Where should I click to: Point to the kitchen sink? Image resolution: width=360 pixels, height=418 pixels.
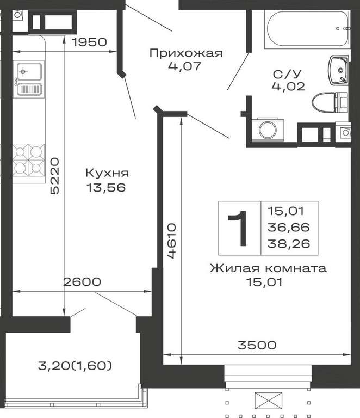point(29,79)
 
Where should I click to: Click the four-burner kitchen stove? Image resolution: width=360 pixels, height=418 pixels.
point(29,160)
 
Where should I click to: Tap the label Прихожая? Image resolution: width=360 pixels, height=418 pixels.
point(186,53)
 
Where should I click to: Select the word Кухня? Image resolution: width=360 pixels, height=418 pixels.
point(107,173)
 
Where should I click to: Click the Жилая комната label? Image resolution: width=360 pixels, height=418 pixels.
point(268,268)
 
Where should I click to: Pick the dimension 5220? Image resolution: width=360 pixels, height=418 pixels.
point(54,176)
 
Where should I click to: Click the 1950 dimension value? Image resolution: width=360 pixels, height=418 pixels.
point(90,42)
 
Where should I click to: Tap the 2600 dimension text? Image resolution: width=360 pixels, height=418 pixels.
point(82,282)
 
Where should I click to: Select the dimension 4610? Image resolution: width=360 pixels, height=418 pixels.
point(172,241)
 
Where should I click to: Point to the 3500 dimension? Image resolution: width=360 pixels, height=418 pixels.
point(257,345)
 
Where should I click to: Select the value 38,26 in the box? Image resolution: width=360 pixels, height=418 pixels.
point(289,244)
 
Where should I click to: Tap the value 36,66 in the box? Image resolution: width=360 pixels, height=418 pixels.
point(289,228)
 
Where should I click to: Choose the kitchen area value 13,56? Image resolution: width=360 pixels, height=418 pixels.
point(106,188)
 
